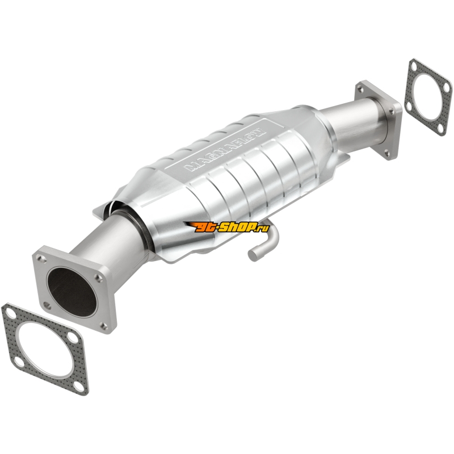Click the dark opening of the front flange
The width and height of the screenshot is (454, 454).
(72, 292)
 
